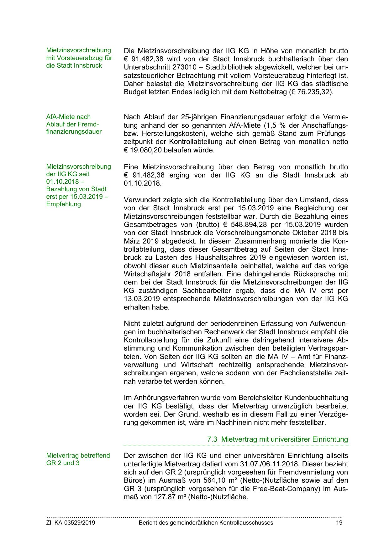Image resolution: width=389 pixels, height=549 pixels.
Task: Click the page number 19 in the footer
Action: click(x=339, y=522)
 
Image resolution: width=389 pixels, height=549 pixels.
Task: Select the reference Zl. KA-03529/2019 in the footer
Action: click(x=71, y=522)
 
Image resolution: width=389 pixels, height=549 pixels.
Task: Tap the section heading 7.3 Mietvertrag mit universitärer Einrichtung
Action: click(x=277, y=439)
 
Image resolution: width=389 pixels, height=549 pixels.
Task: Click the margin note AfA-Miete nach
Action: click(x=68, y=117)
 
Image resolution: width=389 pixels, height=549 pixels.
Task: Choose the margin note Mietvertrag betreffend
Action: click(x=78, y=455)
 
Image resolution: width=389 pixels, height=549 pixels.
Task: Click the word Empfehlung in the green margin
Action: click(x=64, y=204)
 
